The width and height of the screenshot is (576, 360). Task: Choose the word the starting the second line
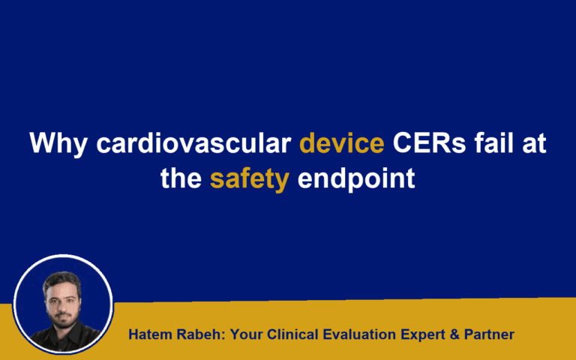coord(181,180)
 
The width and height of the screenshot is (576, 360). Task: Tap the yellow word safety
coord(249,180)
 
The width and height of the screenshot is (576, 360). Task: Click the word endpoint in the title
coord(355,180)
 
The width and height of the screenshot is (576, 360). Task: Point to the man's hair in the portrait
coord(61,279)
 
